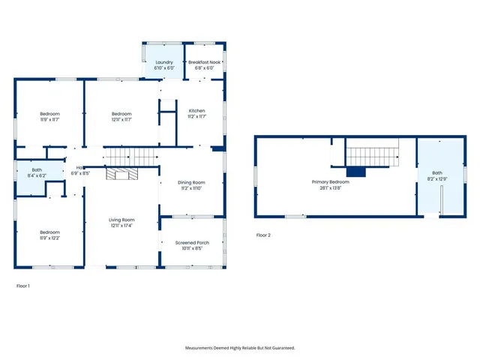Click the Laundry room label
coord(163,62)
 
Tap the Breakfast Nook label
coord(205,62)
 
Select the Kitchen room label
coord(196,110)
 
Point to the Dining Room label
coord(190,182)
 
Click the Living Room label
coord(121,220)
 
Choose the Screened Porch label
coord(192,242)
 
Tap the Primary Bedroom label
coord(330,182)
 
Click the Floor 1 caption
coord(23,286)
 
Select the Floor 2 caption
coord(263,235)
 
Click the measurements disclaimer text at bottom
coord(240,348)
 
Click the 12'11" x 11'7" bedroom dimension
coord(121,119)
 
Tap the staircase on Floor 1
coord(132,157)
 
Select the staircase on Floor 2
coord(373,157)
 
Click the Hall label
coord(79,168)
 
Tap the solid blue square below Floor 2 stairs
coord(355,172)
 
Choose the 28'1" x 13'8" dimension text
coord(330,187)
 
